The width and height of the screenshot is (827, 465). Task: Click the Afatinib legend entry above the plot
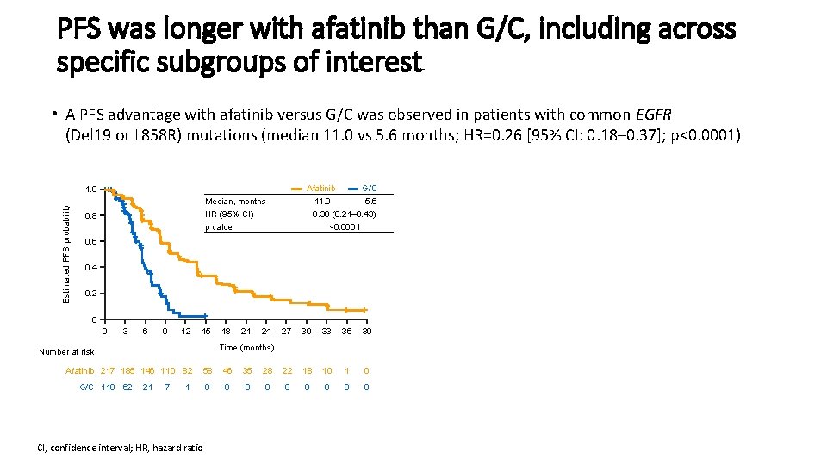314,189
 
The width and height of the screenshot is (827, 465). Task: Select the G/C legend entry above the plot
363,189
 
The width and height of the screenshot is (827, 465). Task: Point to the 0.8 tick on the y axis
90,215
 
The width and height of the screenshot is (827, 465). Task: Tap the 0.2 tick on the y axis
90,294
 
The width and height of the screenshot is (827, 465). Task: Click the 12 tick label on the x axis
186,331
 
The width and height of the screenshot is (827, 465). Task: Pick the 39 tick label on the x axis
367,331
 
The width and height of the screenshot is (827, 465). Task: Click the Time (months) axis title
247,347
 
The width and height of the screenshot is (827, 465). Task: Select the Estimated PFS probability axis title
66,254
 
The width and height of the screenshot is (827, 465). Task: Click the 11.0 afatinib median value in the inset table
322,201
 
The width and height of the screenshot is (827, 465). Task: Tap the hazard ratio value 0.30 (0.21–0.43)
344,214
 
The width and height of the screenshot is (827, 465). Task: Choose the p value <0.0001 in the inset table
345,226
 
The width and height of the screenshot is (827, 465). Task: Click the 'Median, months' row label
235,201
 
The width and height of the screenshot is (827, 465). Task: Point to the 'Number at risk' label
66,351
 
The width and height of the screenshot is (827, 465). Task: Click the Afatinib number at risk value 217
108,370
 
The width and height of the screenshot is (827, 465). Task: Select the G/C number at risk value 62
127,387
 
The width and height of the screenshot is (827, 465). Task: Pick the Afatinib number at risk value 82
187,370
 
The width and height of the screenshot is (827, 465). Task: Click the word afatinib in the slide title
358,29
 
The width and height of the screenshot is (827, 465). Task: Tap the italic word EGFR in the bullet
654,115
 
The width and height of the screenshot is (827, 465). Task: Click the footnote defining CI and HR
120,448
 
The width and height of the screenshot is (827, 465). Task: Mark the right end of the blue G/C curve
208,316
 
